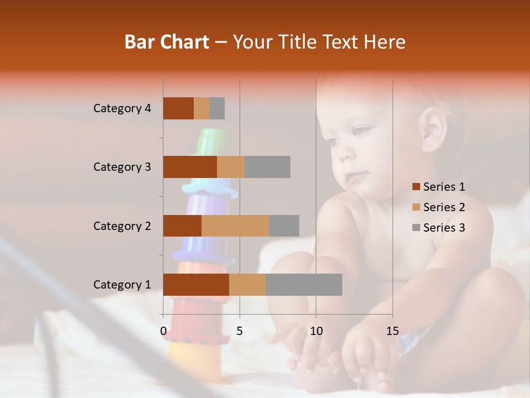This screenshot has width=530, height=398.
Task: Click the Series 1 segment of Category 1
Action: point(196,285)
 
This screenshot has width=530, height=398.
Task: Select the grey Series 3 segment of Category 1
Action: point(304,285)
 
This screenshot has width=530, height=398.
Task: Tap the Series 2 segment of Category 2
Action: point(235,226)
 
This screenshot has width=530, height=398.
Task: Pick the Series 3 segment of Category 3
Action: point(267,167)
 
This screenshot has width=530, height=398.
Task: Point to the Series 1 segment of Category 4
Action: point(178,108)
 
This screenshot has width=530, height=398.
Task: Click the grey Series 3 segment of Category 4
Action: point(217,108)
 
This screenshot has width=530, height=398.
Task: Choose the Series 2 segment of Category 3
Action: point(231,167)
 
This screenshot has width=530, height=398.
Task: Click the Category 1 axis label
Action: point(122,285)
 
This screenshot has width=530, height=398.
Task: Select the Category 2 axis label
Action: point(122,226)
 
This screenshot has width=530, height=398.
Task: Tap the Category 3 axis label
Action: point(122,167)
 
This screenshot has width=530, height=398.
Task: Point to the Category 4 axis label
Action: point(122,108)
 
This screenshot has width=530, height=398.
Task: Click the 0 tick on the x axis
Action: point(163,331)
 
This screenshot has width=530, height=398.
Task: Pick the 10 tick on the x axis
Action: point(316,331)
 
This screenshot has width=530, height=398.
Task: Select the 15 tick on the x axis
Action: point(393,331)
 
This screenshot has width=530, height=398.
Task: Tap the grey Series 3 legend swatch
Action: point(416,228)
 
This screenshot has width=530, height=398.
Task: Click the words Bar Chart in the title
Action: point(166,42)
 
